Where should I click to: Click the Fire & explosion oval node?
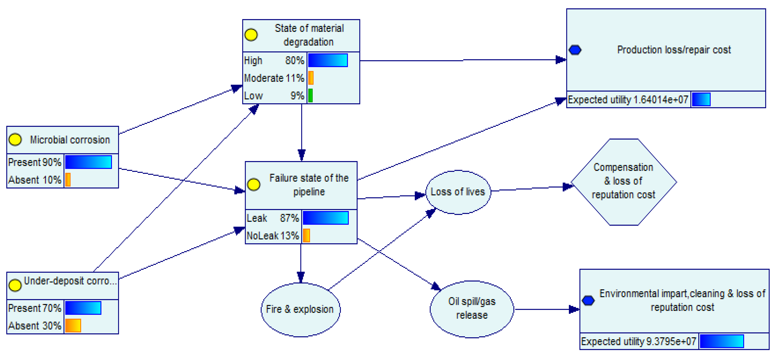pyautogui.click(x=300, y=309)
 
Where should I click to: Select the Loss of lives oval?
pyautogui.click(x=458, y=192)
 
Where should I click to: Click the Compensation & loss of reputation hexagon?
pyautogui.click(x=623, y=182)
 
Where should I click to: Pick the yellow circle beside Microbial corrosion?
pyautogui.click(x=15, y=140)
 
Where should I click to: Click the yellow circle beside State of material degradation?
pyautogui.click(x=251, y=35)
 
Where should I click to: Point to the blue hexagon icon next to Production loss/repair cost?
pyautogui.click(x=575, y=50)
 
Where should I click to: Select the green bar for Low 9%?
pyautogui.click(x=310, y=95)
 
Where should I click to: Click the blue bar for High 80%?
pyautogui.click(x=328, y=60)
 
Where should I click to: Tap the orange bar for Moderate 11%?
pyautogui.click(x=311, y=78)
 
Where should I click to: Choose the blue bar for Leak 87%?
pyautogui.click(x=325, y=218)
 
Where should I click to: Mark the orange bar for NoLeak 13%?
pyautogui.click(x=306, y=235)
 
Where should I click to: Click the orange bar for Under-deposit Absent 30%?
pyautogui.click(x=73, y=325)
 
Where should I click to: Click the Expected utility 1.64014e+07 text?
pyautogui.click(x=628, y=100)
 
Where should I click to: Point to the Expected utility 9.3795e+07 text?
pyautogui.click(x=638, y=341)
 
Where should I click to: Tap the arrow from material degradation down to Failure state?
pyautogui.click(x=301, y=132)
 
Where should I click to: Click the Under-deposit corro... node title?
pyautogui.click(x=70, y=281)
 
